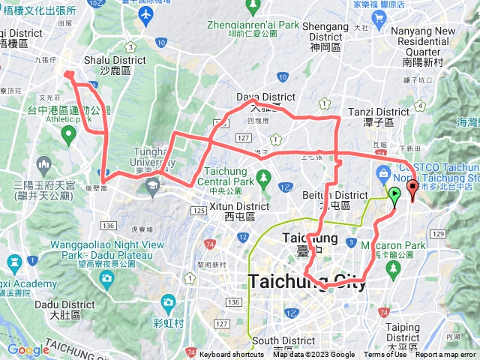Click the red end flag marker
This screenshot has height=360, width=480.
click(412, 188)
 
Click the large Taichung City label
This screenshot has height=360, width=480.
click(309, 281)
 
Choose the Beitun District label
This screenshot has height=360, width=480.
click(327, 199)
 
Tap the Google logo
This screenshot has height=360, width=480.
click(28, 349)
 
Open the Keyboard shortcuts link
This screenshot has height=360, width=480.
click(232, 355)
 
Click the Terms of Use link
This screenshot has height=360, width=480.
click(385, 355)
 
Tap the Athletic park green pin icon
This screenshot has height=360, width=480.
click(68, 136)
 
